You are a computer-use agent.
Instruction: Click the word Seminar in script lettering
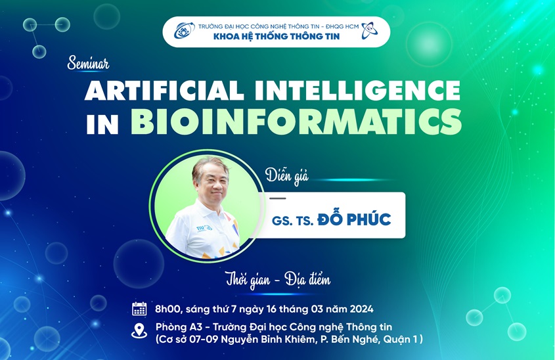tap(88, 63)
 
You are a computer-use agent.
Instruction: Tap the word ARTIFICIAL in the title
tap(164, 90)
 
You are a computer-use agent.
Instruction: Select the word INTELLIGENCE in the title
tap(357, 90)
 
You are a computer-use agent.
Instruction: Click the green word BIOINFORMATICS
tap(296, 122)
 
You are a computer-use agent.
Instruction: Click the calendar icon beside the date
tap(139, 309)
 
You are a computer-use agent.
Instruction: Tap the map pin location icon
tap(139, 330)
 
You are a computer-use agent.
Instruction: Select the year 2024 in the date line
tap(362, 309)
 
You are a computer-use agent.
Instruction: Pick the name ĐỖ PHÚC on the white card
tap(354, 219)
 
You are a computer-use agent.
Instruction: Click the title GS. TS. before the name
tap(292, 221)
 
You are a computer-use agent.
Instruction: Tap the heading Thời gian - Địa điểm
tap(278, 280)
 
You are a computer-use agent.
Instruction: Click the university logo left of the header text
tap(184, 30)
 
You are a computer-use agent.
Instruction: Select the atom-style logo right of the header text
tap(370, 30)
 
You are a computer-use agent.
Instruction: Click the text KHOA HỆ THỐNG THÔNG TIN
tap(277, 36)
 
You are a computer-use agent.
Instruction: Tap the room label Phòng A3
tap(179, 327)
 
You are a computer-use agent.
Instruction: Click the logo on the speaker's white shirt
tap(204, 229)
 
